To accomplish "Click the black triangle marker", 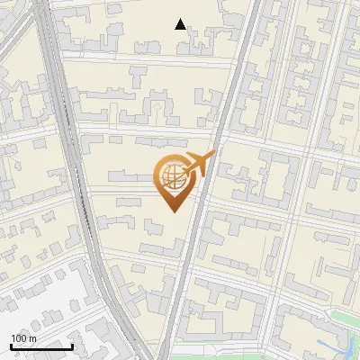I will pyautogui.click(x=181, y=24).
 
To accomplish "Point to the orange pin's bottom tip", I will pyautogui.click(x=171, y=211).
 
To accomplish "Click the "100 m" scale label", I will pyautogui.click(x=23, y=338).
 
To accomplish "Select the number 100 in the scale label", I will pyautogui.click(x=19, y=338).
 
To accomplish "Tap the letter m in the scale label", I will pyautogui.click(x=33, y=338).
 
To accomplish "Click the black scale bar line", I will pyautogui.click(x=41, y=346).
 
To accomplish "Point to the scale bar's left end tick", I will pyautogui.click(x=11, y=345).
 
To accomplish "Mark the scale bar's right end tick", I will pyautogui.click(x=72, y=345).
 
